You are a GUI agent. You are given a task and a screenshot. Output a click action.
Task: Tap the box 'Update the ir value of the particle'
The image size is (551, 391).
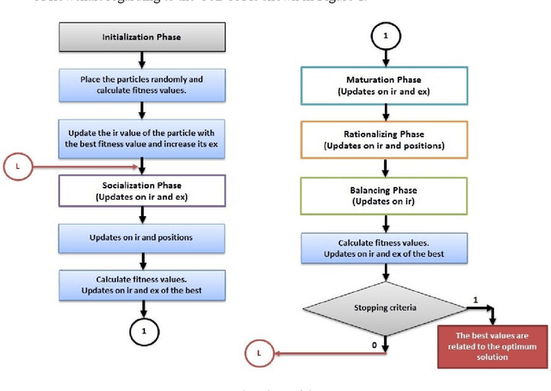[143, 139]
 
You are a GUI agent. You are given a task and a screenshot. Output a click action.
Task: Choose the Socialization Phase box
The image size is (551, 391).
[143, 190]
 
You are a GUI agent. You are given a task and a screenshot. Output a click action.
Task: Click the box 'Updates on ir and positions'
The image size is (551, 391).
[143, 237]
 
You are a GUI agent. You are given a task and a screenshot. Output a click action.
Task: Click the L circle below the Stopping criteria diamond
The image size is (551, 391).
[258, 351]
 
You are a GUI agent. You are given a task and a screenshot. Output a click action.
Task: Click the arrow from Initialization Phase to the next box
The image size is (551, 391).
[143, 59]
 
